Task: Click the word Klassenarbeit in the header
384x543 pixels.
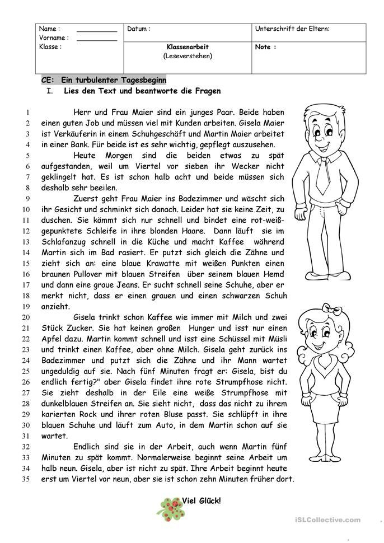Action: click(188, 47)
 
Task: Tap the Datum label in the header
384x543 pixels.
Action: click(139, 29)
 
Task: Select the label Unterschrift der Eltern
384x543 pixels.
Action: click(292, 29)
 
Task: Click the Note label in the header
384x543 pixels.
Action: click(265, 47)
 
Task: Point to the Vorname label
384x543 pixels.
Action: click(54, 38)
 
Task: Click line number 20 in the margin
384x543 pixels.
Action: click(25, 317)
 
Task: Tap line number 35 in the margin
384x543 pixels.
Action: click(25, 479)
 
